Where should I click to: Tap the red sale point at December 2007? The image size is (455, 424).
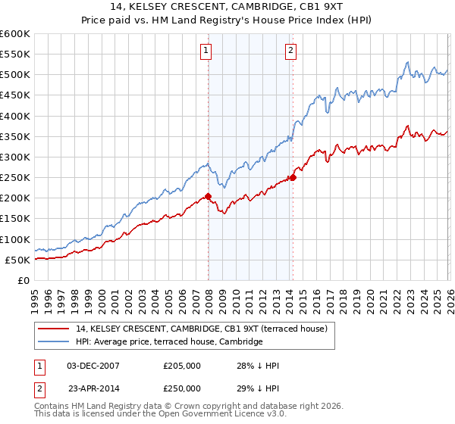click(209, 196)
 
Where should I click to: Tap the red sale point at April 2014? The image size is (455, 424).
click(293, 178)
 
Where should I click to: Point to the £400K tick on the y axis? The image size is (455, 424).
click(15, 116)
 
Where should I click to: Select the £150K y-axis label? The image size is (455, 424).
click(15, 219)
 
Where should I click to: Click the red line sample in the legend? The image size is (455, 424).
click(55, 329)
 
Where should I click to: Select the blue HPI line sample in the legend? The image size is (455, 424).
click(55, 342)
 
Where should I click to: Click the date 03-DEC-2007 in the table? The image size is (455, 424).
click(93, 366)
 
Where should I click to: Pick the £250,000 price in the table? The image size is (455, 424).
click(182, 388)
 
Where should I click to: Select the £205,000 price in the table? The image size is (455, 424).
click(182, 366)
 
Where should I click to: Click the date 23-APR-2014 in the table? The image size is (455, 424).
click(93, 388)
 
